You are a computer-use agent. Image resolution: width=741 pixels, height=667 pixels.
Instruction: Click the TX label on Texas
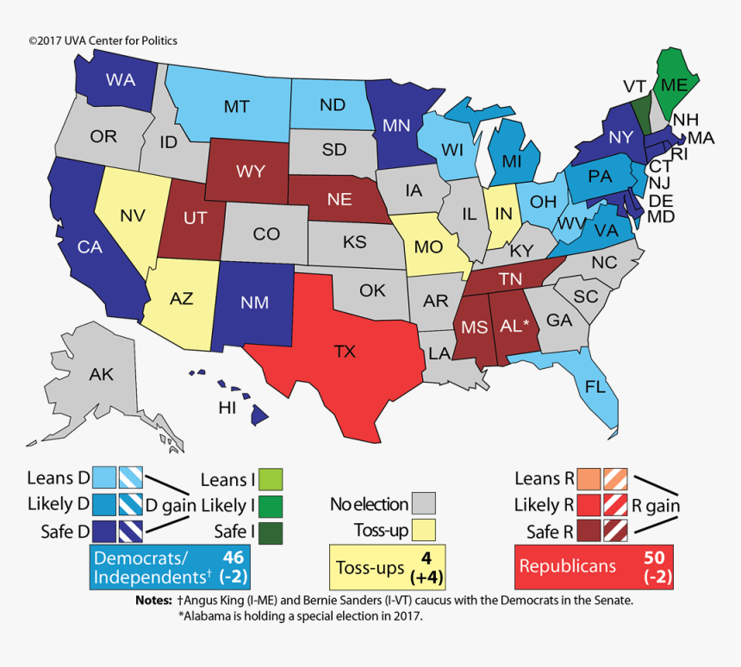[x=345, y=352]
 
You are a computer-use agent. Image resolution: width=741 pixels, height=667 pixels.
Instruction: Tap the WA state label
[x=119, y=80]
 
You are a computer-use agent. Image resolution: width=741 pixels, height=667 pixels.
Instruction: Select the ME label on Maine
[x=673, y=85]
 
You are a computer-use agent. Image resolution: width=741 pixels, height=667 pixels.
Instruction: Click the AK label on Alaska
[x=102, y=374]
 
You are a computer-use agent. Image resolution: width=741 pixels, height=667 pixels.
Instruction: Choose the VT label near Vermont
[x=635, y=86]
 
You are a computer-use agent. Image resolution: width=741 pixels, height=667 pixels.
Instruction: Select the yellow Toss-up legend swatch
[x=423, y=529]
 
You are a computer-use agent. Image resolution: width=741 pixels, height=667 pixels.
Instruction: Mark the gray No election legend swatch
[x=423, y=502]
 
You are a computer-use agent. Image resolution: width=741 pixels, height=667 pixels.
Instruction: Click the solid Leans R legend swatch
[x=589, y=478]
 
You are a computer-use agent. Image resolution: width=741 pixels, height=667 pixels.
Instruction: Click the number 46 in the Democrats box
[x=233, y=556]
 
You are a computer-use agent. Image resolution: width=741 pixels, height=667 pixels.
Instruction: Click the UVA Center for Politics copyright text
[x=103, y=41]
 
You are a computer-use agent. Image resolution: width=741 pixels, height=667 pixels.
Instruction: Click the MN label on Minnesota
[x=395, y=125]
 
